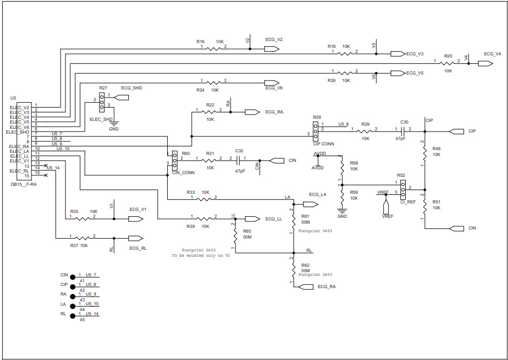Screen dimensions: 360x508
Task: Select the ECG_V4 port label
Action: [492, 54]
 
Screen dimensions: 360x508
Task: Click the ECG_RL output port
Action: [135, 238]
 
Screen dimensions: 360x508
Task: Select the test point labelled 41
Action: [72, 277]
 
